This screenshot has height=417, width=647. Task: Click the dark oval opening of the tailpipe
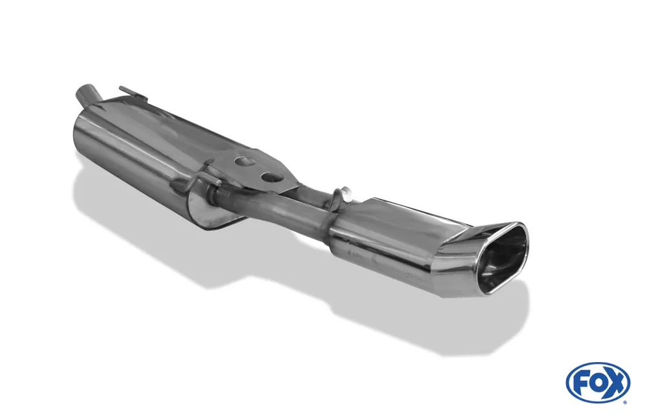tap(500, 261)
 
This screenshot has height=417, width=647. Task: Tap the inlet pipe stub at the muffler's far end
tap(87, 94)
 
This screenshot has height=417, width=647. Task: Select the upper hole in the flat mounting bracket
tap(245, 161)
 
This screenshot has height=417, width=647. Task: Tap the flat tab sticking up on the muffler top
tap(133, 94)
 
